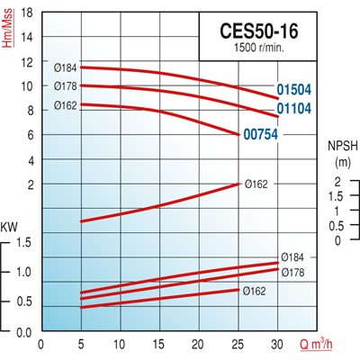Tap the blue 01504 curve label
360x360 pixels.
click(293, 91)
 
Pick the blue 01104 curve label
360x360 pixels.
click(293, 109)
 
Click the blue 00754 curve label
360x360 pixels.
click(259, 136)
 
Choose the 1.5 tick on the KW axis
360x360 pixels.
click(24, 241)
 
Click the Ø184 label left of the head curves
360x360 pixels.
click(67, 67)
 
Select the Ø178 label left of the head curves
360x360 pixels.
click(67, 85)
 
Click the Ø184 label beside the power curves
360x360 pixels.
click(292, 256)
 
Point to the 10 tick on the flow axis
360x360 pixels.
click(120, 343)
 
